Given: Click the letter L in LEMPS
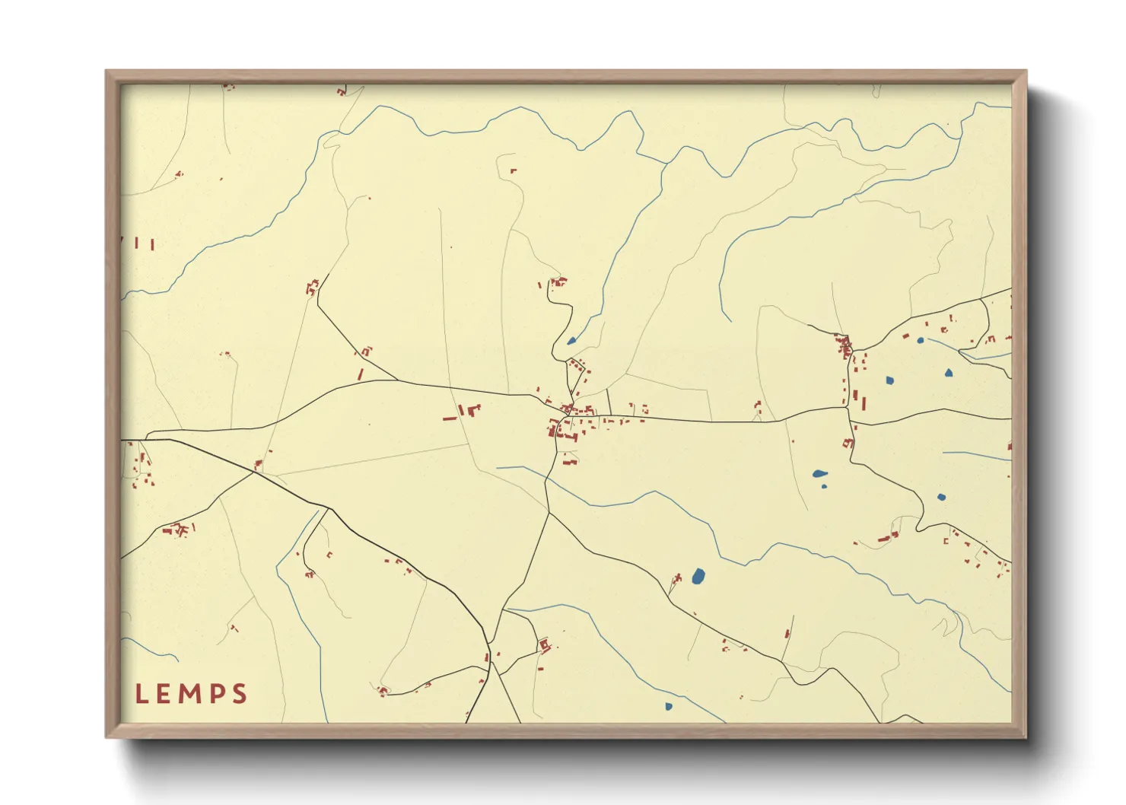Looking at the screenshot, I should [142, 694].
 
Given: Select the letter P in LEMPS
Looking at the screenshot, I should [216, 694].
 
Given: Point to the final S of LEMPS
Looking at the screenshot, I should [240, 694].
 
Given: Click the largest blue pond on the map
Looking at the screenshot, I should [698, 577].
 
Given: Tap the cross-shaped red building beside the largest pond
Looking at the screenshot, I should [676, 582].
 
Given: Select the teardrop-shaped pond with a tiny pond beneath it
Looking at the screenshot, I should [819, 474].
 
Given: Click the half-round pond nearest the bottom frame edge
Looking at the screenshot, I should [669, 707].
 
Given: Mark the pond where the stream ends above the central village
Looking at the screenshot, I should [571, 341].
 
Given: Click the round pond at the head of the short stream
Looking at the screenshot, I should [920, 340].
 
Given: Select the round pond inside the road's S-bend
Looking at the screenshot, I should [941, 498].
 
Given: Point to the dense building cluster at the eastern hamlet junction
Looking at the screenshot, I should [844, 347].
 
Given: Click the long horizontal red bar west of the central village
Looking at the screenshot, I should [450, 418].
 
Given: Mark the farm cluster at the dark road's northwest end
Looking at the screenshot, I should [311, 288].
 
